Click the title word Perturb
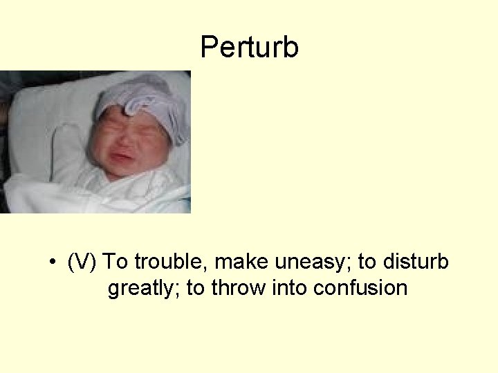[249, 48]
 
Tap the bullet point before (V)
[53, 263]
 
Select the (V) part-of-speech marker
[84, 262]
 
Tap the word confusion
[360, 287]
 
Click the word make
[240, 262]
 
